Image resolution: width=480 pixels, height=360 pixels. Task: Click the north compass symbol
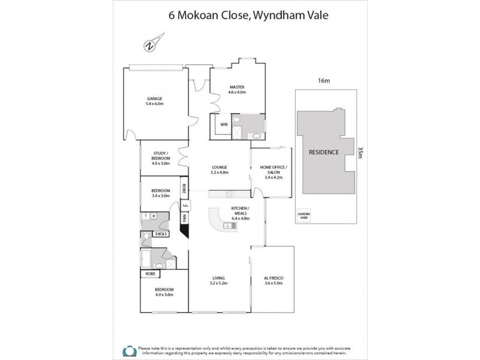click(149, 45)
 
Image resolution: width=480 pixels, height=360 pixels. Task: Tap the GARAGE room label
click(154, 98)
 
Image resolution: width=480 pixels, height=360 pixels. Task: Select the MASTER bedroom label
click(237, 87)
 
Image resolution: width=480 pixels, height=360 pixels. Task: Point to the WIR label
click(223, 124)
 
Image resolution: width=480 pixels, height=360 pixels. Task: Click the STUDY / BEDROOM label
click(161, 157)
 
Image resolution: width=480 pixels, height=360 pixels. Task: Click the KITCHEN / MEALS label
click(240, 211)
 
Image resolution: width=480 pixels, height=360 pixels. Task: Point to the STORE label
click(161, 233)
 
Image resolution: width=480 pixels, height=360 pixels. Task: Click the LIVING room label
click(218, 277)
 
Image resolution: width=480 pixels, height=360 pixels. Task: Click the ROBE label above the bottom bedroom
click(149, 274)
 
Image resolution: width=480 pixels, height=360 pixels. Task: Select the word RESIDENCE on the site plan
click(324, 152)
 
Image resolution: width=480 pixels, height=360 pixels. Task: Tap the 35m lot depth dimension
click(360, 155)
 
